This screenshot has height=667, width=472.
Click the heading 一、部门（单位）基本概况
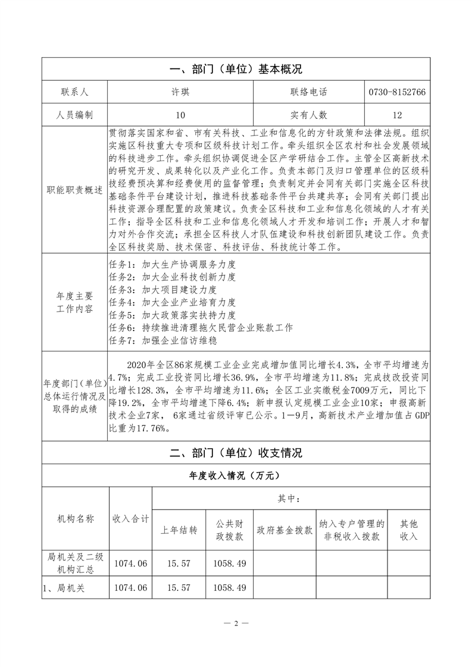pos(236,69)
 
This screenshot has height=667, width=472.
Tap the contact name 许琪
pos(180,92)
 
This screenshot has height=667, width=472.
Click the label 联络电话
pos(309,92)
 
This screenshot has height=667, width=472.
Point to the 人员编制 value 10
pos(180,115)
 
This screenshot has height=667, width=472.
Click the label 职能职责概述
pos(74,191)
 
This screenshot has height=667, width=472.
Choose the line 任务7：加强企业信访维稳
pos(163,341)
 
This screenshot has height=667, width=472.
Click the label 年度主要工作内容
pos(74,303)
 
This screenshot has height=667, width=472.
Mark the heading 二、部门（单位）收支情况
pos(236,453)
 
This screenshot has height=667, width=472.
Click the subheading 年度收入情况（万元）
pos(236,476)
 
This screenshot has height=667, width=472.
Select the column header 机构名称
pos(74,518)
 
